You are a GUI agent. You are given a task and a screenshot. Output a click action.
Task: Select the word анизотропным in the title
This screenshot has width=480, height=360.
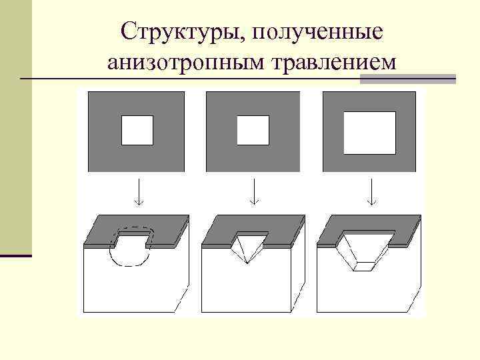pyautogui.click(x=184, y=61)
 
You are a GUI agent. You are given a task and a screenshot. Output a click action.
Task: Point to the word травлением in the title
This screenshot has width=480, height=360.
pyautogui.click(x=332, y=61)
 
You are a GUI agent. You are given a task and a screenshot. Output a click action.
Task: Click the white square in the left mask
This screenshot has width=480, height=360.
pyautogui.click(x=137, y=130)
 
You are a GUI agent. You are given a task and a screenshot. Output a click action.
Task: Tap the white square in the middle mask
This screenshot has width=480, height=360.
pyautogui.click(x=253, y=130)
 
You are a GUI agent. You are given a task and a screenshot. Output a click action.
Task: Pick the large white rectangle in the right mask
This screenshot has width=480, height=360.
pyautogui.click(x=369, y=133)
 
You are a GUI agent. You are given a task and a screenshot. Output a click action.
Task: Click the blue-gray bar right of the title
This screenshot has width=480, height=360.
pyautogui.click(x=407, y=79)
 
